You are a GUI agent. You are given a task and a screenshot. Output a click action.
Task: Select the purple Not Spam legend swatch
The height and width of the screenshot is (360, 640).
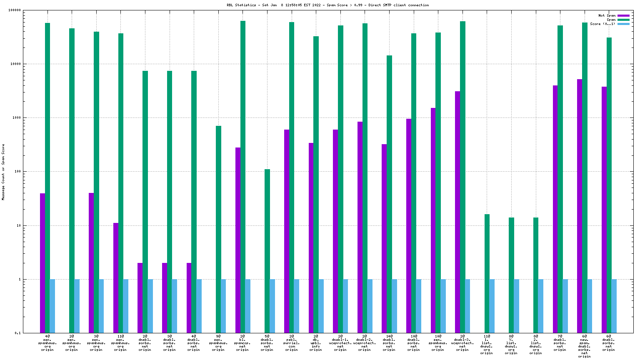pos(623,15)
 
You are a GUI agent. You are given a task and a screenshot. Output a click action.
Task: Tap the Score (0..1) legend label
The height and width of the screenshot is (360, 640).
pos(602,24)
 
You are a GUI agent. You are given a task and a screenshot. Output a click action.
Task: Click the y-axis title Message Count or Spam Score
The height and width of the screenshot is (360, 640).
pos(3,172)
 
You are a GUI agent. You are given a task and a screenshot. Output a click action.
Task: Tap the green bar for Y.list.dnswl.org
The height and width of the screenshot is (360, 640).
pos(511,275)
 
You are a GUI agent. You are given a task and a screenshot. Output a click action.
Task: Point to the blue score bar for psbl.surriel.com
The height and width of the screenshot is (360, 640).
pos(297,306)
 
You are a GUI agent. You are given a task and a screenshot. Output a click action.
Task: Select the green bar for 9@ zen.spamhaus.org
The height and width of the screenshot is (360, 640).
pos(218,229)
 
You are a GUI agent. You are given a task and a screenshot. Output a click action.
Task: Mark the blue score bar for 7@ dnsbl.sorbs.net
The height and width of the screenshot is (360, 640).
pos(565,306)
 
